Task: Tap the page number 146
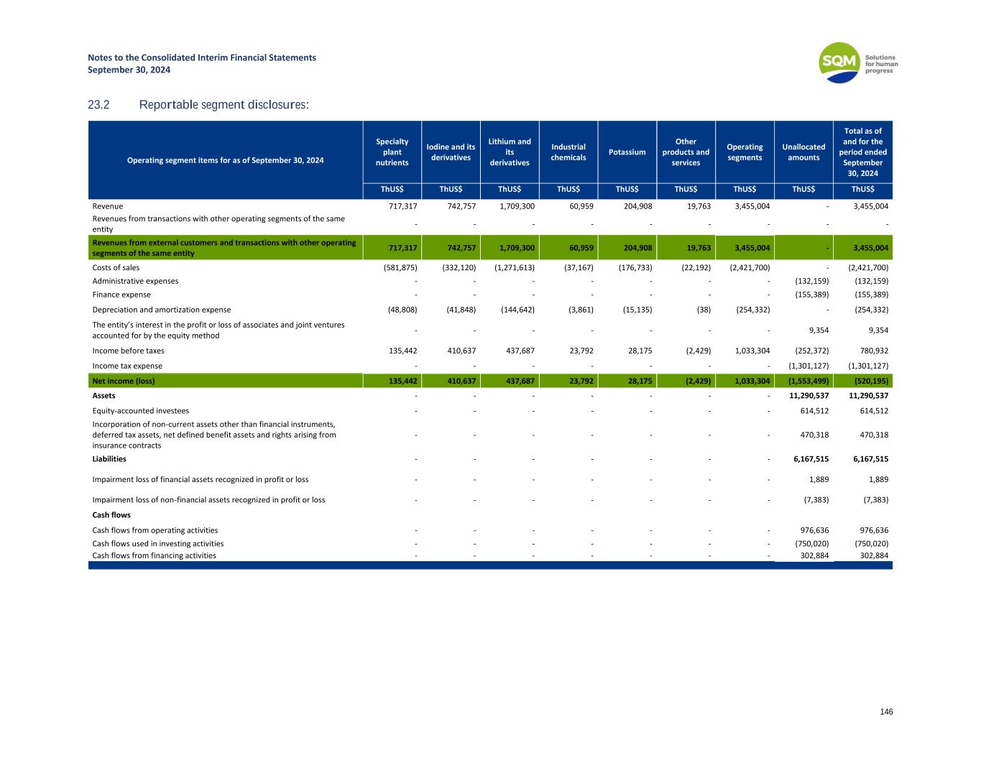click(886, 711)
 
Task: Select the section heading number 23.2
click(98, 106)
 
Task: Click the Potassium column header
click(627, 152)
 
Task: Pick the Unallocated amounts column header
click(803, 152)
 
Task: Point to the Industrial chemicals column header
click(568, 152)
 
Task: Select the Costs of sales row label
click(116, 267)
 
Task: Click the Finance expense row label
click(121, 295)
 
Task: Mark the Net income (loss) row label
click(123, 381)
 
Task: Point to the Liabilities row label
click(109, 458)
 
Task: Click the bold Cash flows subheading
click(111, 514)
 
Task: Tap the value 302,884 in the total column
click(873, 555)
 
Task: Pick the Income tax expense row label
click(127, 366)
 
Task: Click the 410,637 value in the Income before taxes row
click(458, 351)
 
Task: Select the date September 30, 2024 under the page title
click(129, 70)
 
